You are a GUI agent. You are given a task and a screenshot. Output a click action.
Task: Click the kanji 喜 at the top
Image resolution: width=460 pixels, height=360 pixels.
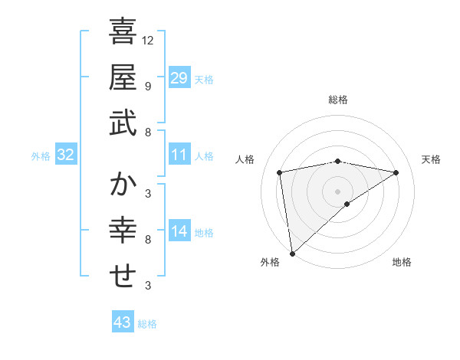[123, 31]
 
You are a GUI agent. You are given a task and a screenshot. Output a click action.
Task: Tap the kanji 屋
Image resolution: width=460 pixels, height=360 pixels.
[123, 77]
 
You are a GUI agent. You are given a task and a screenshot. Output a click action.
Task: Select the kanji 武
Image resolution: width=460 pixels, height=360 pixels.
[123, 123]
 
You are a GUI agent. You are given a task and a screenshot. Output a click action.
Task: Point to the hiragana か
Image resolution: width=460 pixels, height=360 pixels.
[123, 185]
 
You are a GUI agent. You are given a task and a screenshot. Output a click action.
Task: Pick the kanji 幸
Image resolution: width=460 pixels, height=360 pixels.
[123, 231]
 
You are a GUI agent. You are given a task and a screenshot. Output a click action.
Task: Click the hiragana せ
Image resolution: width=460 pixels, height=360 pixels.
[123, 277]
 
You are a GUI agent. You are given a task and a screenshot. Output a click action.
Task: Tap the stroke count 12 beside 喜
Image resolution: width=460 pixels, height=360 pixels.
[148, 41]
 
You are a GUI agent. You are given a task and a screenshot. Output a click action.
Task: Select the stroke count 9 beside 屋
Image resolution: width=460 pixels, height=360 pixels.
[147, 86]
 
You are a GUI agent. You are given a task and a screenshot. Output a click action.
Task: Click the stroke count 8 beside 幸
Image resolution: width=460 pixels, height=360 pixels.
[147, 240]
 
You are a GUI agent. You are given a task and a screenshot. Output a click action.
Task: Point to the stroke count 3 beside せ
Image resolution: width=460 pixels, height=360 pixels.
[147, 286]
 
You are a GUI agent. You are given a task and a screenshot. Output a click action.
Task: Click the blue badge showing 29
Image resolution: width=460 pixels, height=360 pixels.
[179, 78]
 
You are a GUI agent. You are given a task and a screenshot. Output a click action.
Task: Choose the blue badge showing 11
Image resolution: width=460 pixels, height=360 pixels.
[179, 155]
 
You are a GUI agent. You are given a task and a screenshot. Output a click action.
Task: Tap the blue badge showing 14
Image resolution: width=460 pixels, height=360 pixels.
[179, 232]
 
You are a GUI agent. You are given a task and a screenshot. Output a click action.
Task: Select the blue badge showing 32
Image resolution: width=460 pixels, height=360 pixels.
[66, 155]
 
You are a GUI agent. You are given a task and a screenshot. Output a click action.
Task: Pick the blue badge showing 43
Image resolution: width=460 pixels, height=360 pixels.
[122, 322]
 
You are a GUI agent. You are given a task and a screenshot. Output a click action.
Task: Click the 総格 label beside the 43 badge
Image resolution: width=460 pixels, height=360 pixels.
[147, 324]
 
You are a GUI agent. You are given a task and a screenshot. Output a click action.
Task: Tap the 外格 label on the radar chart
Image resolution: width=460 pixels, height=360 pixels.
[270, 262]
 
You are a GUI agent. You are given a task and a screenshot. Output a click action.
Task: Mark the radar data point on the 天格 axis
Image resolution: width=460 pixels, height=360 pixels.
[396, 173]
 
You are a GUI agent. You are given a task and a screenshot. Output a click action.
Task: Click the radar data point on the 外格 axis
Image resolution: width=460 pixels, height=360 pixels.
[292, 253]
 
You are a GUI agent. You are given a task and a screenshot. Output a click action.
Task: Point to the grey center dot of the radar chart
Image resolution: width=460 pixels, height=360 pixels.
[337, 190]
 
